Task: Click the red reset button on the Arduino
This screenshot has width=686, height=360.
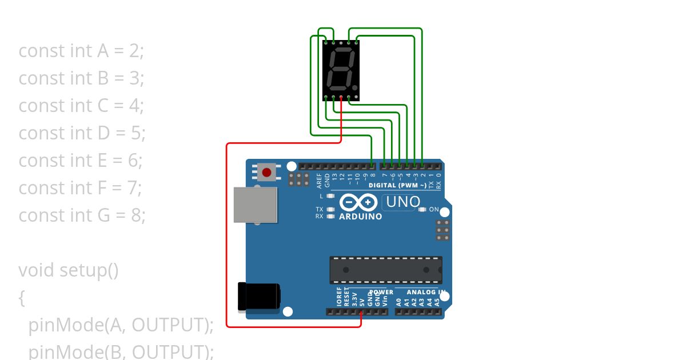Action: coord(266,172)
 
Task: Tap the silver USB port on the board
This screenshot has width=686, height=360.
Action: coord(256,205)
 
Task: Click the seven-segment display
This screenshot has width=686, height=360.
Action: coord(341,70)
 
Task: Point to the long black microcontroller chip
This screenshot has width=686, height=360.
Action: coord(385,270)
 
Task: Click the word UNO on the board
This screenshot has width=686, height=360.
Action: coord(403,202)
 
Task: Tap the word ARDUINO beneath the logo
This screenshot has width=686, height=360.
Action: coord(360,217)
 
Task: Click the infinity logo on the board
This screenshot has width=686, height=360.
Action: coord(358,202)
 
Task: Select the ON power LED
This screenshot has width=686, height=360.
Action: coord(422,210)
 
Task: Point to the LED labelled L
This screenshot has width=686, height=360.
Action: coord(330,196)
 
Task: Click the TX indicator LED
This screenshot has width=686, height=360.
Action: coord(330,210)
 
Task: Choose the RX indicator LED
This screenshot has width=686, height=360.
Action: coord(330,217)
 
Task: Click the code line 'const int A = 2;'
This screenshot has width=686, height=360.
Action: coord(81,51)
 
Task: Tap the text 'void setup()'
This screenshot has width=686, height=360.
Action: coord(69,270)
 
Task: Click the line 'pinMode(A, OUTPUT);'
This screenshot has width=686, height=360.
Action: coord(121,325)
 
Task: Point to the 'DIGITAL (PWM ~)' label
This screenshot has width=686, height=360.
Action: coord(397,186)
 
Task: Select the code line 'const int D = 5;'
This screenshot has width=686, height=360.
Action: coord(82,133)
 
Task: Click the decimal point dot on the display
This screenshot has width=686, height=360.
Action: coord(355,88)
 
